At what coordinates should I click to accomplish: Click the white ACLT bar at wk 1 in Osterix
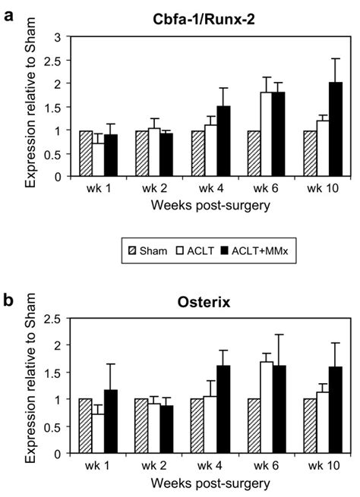(98, 433)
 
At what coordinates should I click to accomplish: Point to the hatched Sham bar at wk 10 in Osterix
(308, 426)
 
